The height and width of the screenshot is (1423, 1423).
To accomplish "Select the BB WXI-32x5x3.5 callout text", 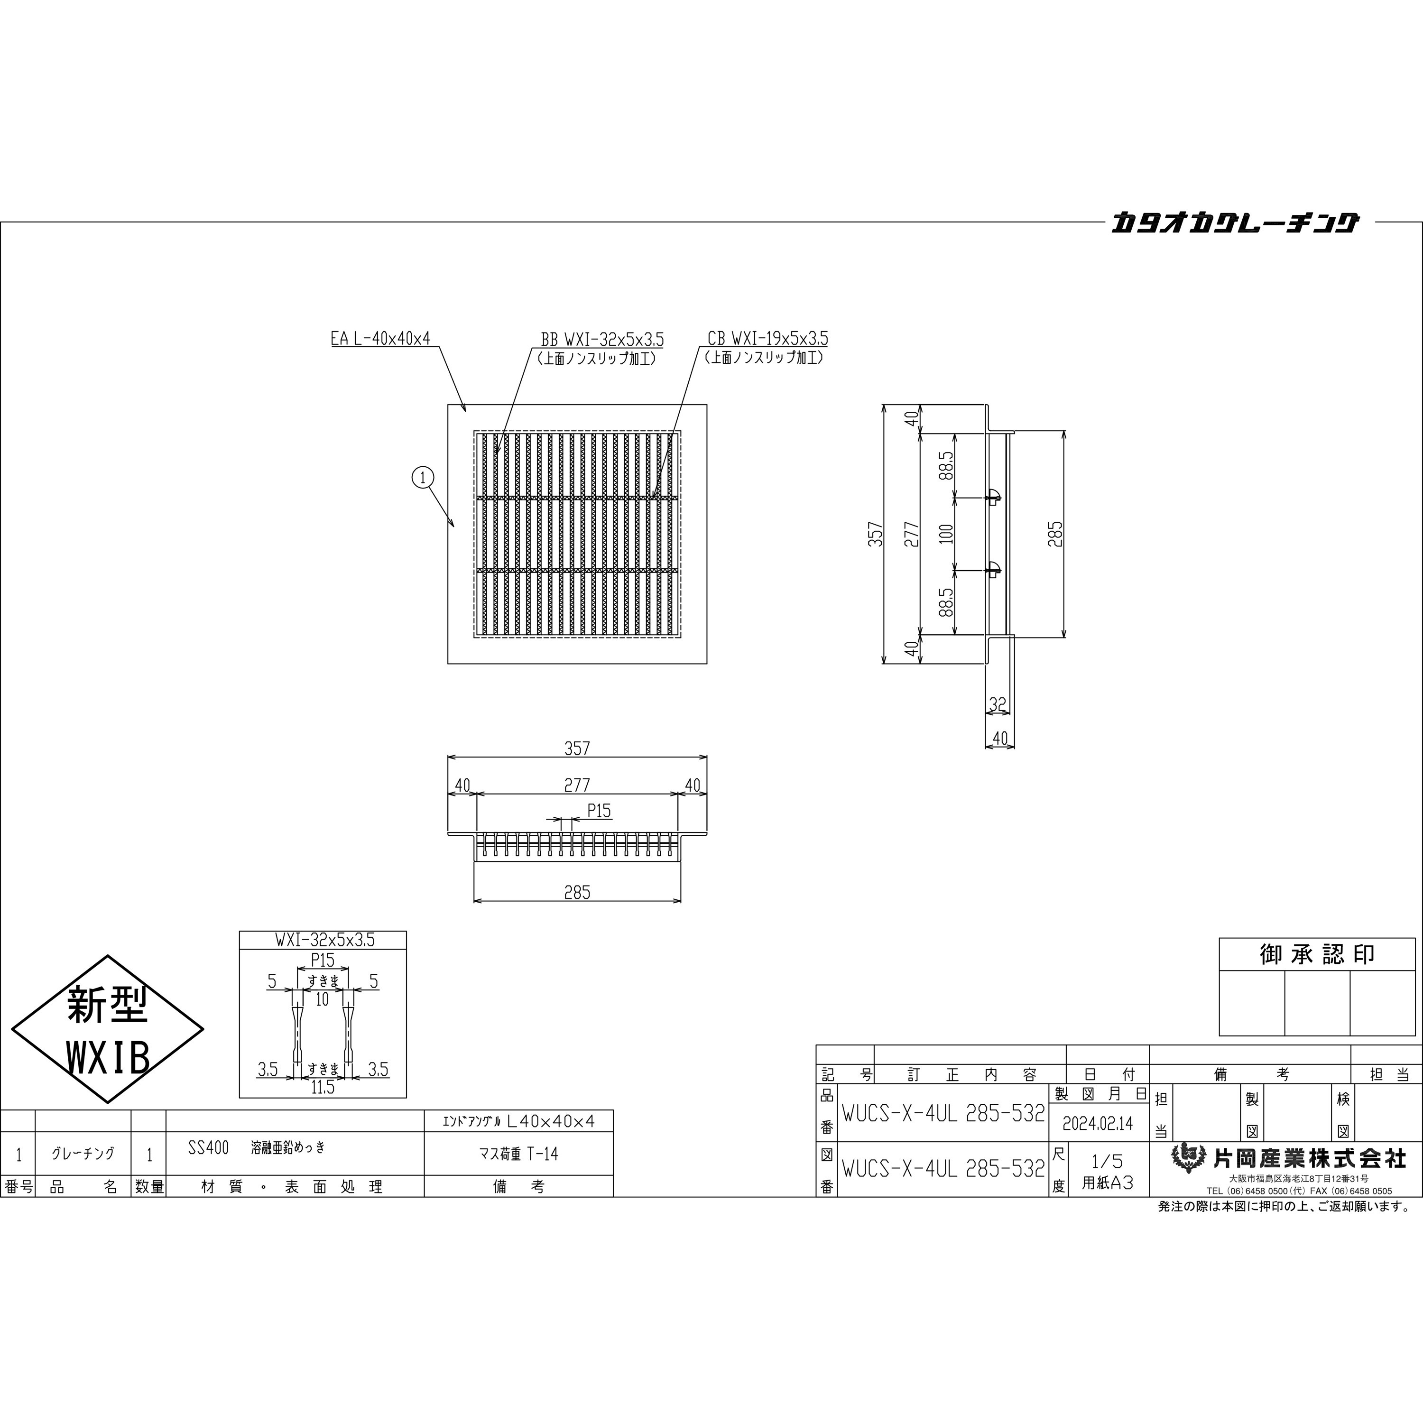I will pyautogui.click(x=602, y=340).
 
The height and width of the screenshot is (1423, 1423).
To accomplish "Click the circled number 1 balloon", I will pyautogui.click(x=423, y=478).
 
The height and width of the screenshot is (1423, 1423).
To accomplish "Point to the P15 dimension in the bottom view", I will pyautogui.click(x=599, y=811).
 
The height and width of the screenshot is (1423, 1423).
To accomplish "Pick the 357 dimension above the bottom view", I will pyautogui.click(x=577, y=748).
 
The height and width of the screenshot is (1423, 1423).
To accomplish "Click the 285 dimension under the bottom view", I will pyautogui.click(x=577, y=893).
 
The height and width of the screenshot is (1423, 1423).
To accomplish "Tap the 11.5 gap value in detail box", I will pyautogui.click(x=323, y=1087).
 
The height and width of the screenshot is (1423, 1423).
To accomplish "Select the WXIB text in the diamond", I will pyautogui.click(x=108, y=1058).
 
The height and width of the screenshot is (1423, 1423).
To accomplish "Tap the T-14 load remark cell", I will pyautogui.click(x=518, y=1154).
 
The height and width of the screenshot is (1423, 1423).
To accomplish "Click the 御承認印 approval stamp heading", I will pyautogui.click(x=1317, y=954).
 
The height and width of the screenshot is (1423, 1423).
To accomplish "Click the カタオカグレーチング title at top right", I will pyautogui.click(x=1234, y=222).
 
